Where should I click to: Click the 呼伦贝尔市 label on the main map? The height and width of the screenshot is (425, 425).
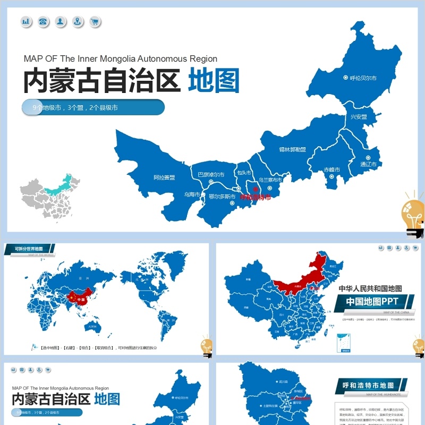363,78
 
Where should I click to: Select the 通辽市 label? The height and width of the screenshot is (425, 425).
368,164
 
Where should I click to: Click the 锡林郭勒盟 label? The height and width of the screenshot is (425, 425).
293,149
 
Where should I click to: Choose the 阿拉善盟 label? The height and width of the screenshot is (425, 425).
164,177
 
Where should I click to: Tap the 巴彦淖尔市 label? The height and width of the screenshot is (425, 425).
211,174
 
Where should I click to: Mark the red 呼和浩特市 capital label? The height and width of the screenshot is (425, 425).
256,197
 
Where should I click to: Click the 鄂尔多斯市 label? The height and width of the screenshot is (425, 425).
222,197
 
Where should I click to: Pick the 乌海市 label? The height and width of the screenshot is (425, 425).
192,194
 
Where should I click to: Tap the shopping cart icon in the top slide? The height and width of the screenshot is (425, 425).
95,22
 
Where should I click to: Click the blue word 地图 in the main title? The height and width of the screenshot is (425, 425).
214,81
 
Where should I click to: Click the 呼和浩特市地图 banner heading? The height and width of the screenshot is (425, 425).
372,385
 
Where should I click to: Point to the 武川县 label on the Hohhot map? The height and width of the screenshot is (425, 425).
282,381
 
